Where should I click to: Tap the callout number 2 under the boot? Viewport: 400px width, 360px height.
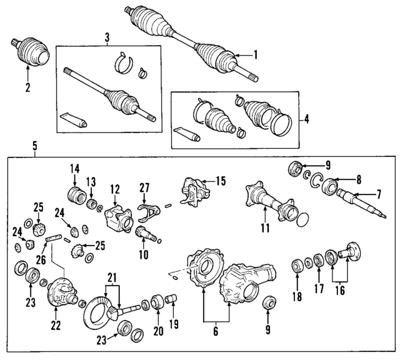tap(27, 87)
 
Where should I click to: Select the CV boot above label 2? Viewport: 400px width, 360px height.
tap(31, 53)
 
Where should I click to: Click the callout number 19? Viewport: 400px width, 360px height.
tap(174, 324)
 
